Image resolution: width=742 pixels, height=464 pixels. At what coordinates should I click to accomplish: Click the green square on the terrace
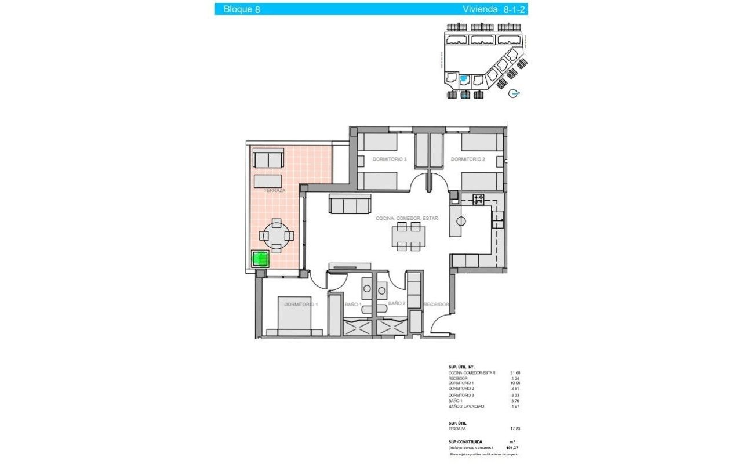(x=260, y=259)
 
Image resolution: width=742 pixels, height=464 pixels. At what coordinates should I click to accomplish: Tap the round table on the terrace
(x=277, y=235)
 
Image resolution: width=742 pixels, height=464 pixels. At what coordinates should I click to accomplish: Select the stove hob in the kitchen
(x=479, y=200)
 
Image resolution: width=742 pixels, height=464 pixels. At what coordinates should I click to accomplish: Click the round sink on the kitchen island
(x=461, y=221)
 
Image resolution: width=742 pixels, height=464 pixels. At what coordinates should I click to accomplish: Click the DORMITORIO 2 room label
(x=467, y=159)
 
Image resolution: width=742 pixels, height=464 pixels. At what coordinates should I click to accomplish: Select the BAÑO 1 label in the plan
(x=352, y=303)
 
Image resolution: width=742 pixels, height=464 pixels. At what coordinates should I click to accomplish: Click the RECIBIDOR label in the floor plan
(x=437, y=304)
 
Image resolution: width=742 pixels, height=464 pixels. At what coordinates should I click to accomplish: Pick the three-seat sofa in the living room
(x=350, y=204)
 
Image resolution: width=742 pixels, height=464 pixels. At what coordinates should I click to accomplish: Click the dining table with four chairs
(x=409, y=237)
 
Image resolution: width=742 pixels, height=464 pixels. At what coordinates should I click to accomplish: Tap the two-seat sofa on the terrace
(x=269, y=158)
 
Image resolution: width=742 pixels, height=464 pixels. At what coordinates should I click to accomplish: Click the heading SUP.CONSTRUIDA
(x=465, y=442)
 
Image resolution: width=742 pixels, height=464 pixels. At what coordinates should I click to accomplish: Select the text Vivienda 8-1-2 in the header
(x=494, y=9)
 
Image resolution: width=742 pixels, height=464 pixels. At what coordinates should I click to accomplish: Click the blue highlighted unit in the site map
(x=464, y=79)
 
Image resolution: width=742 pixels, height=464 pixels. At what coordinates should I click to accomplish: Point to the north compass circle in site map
(x=512, y=93)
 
